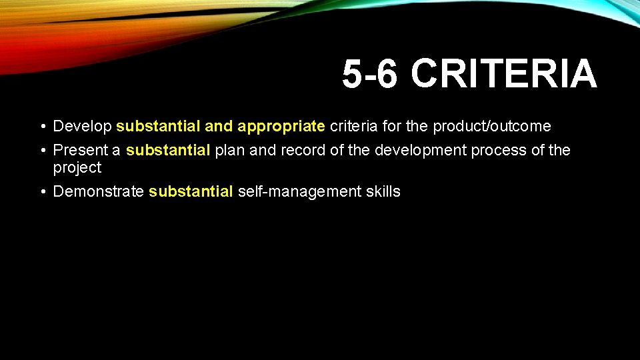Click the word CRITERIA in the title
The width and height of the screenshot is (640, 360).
[x=504, y=73]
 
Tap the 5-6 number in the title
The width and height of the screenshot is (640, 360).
[x=370, y=73]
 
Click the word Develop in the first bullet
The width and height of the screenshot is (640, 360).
[x=82, y=126]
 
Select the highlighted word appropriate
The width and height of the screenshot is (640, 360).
[x=281, y=126]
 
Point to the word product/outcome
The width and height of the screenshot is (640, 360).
[x=492, y=126]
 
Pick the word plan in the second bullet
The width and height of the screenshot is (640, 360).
[x=229, y=151]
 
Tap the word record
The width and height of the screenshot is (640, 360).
[x=303, y=151]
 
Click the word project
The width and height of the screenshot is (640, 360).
[x=77, y=168]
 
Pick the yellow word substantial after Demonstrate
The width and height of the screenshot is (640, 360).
[x=191, y=192]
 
